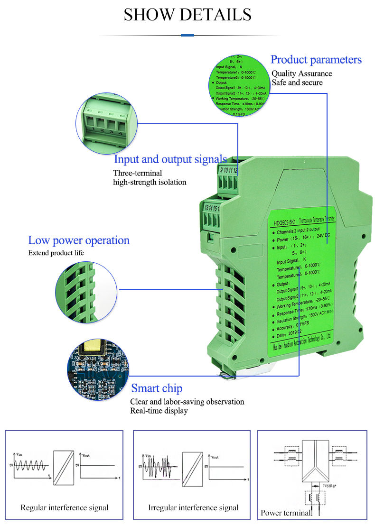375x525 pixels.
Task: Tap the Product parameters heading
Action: pos(316,60)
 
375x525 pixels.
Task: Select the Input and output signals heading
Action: pos(170,159)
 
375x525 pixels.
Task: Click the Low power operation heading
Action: pos(79,240)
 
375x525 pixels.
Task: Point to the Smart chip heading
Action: pos(157,388)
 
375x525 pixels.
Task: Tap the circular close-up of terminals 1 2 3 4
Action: pos(106,122)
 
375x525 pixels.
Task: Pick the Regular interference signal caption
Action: pos(65,507)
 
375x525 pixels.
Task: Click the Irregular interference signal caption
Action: pos(193,507)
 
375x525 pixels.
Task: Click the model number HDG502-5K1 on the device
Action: pos(285,221)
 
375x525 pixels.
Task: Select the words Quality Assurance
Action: pos(301,74)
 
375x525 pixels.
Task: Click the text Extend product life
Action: pos(56,253)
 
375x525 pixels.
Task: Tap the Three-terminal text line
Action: pos(137,173)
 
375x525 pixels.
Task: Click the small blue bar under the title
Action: pos(187,35)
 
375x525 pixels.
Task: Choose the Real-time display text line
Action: pos(159,410)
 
